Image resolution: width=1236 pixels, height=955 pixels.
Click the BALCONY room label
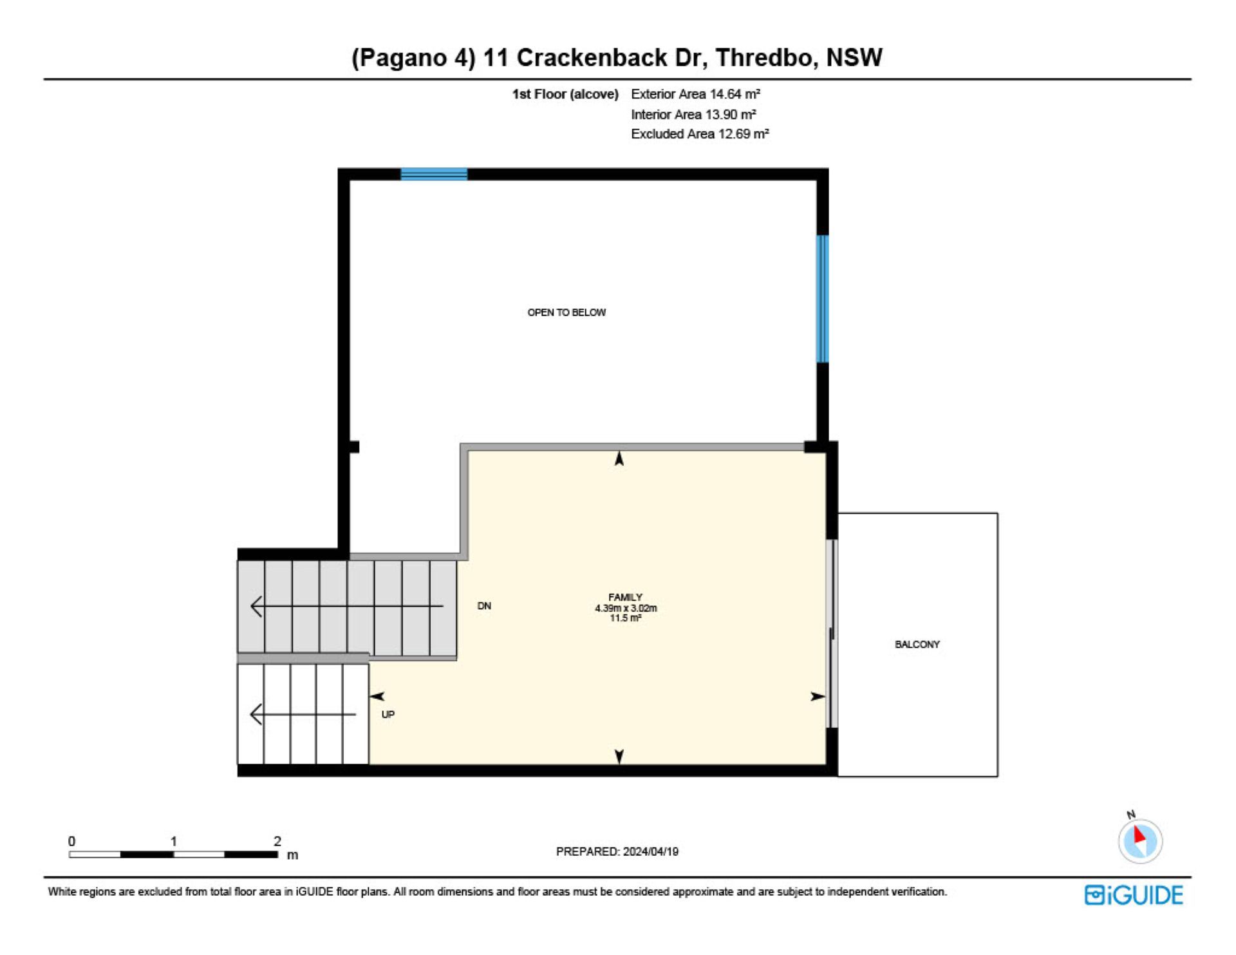point(917,644)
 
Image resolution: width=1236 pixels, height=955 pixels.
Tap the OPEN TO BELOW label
point(566,312)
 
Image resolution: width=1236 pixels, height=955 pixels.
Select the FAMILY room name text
point(625,597)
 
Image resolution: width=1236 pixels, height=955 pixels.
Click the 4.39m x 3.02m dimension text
point(626,608)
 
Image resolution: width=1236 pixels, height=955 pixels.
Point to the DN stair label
point(484,606)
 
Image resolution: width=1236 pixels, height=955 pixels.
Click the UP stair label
point(388,714)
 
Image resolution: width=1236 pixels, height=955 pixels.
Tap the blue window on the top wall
point(434,174)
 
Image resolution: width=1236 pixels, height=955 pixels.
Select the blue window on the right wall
point(822,299)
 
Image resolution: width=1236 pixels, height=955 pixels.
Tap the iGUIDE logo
point(1134,895)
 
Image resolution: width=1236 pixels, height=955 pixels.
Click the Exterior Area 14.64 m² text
point(695,94)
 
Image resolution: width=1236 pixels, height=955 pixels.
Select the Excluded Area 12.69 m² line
point(700,134)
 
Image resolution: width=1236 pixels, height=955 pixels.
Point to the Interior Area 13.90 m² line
point(693,115)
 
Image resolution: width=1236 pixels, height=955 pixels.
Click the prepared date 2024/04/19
point(650,851)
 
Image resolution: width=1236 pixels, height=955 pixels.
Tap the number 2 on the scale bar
point(277,841)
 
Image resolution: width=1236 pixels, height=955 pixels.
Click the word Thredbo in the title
point(767,58)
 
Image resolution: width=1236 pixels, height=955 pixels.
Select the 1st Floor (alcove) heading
point(565,94)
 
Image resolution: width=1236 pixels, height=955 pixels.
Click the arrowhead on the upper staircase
point(256,606)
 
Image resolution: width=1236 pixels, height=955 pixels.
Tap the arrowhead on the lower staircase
point(256,714)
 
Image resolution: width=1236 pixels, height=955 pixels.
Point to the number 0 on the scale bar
point(71,841)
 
